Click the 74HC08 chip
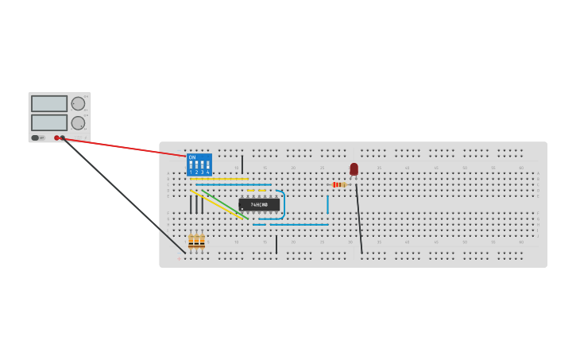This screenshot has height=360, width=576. click(259, 205)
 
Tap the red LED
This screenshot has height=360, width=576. click(354, 169)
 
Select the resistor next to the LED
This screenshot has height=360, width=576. click(338, 184)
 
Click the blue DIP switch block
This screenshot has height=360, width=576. click(199, 165)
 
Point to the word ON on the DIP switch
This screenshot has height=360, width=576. click(192, 157)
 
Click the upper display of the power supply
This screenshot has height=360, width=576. click(49, 103)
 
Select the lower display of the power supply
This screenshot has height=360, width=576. click(49, 122)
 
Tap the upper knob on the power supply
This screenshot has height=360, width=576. click(78, 103)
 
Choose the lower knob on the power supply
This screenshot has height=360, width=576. click(78, 122)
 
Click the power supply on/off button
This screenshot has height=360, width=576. click(35, 137)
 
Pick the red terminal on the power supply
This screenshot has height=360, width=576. click(56, 137)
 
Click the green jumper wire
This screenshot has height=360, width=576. click(225, 203)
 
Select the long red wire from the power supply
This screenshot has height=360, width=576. click(127, 147)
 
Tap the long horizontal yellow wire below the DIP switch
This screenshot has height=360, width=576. click(218, 179)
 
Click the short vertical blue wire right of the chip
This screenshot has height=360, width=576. click(327, 204)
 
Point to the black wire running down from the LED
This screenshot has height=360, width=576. click(359, 219)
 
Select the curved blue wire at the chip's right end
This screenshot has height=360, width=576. click(283, 204)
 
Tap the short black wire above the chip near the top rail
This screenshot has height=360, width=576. click(242, 164)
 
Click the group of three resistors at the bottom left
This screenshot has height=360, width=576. click(196, 241)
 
